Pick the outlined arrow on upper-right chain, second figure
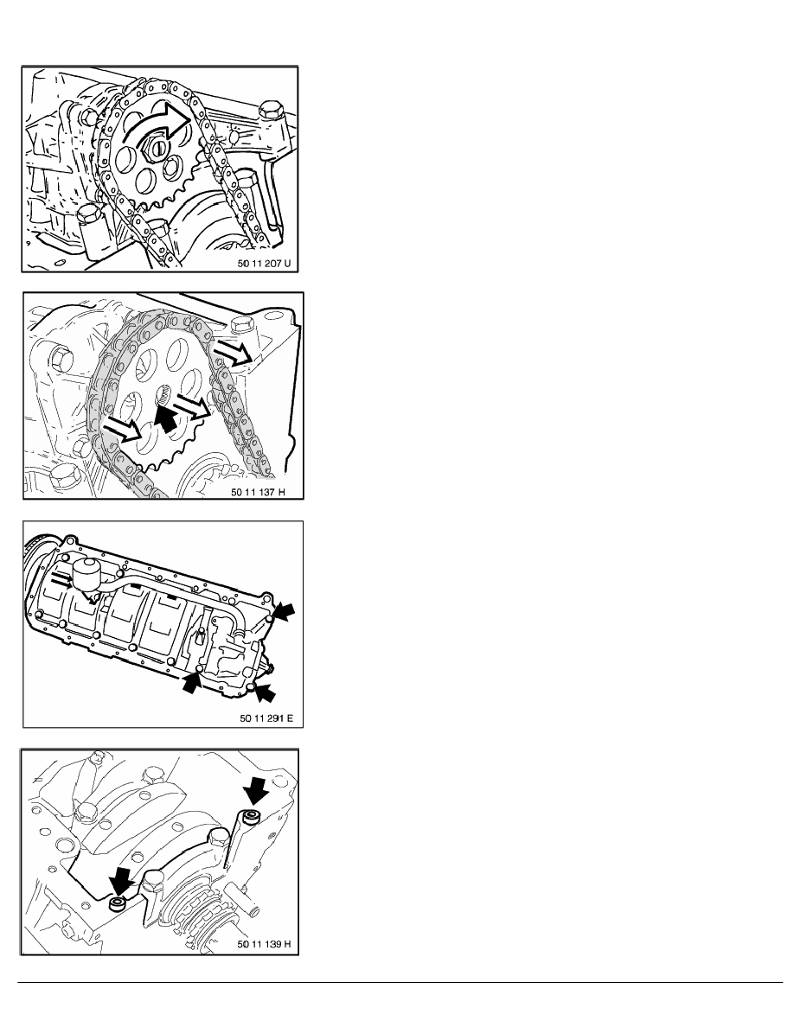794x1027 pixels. (x=235, y=352)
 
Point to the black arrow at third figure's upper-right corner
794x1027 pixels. (x=284, y=613)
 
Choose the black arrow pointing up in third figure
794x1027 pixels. (x=190, y=682)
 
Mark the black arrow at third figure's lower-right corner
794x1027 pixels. (x=268, y=692)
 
